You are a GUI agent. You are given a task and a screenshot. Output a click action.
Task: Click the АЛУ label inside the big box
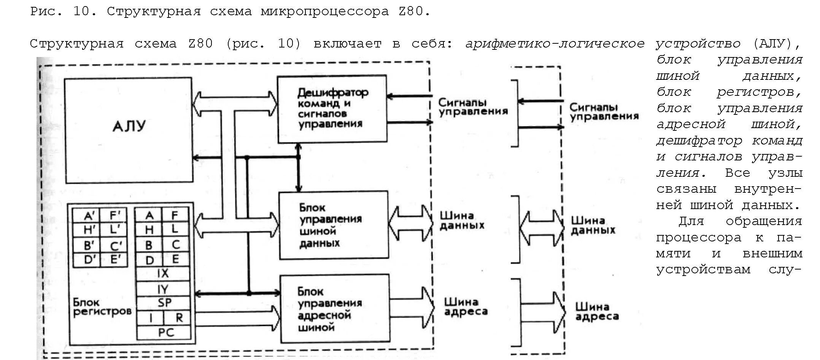click(129, 126)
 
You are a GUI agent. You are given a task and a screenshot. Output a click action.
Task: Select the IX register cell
click(163, 274)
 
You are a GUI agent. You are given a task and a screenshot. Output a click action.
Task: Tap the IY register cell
click(163, 289)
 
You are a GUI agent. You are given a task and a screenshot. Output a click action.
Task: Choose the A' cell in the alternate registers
click(89, 216)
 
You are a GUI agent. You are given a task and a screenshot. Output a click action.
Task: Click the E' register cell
click(115, 260)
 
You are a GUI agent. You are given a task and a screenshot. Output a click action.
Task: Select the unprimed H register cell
click(149, 230)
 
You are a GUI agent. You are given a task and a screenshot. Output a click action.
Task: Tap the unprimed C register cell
click(176, 244)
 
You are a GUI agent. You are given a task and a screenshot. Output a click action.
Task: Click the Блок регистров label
click(102, 307)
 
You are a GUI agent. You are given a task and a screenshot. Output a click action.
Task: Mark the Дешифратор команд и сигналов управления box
click(332, 109)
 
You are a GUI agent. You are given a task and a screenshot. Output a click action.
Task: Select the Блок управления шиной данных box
click(334, 225)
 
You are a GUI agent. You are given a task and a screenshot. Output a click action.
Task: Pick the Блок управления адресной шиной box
click(335, 309)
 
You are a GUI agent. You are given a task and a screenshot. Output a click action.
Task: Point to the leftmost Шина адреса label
click(466, 307)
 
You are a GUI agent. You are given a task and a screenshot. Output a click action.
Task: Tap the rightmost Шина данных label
click(593, 225)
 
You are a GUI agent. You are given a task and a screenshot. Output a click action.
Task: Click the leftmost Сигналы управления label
click(473, 107)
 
